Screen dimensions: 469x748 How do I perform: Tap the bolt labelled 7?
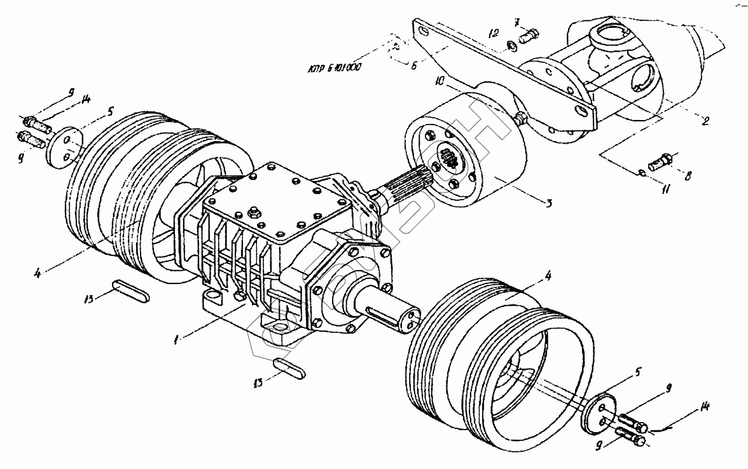pos(529,37)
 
